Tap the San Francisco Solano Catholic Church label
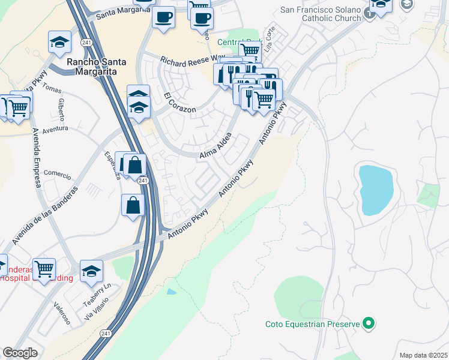(321, 14)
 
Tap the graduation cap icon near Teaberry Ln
(91, 271)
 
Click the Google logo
(20, 352)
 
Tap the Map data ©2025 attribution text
(423, 355)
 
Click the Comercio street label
(58, 176)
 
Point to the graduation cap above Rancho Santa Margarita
(60, 41)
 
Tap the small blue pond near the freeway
(172, 292)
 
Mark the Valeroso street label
(62, 313)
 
